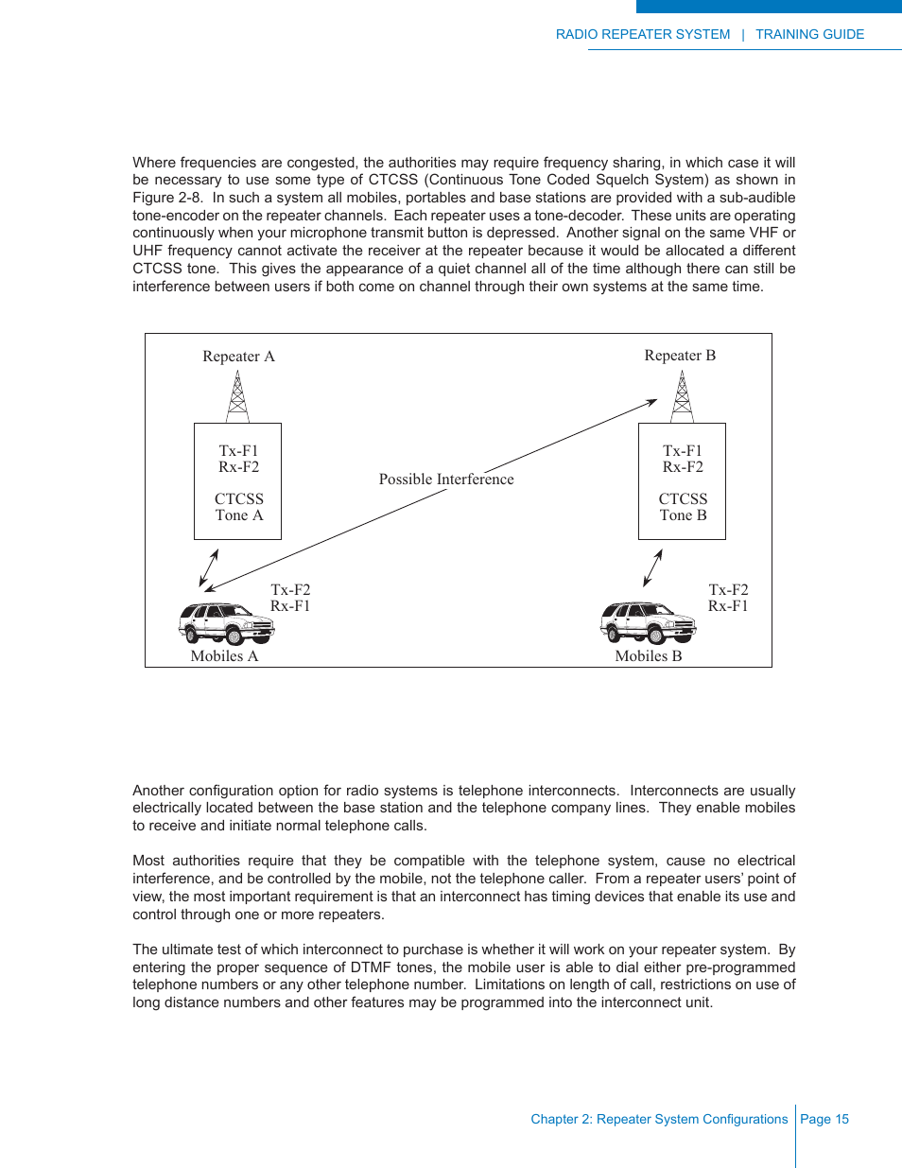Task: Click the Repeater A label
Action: coord(238,357)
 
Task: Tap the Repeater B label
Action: coord(680,356)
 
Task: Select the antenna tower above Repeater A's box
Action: coord(238,396)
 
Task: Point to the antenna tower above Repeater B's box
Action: coord(682,396)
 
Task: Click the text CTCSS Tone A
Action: coord(238,507)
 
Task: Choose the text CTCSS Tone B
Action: coord(683,507)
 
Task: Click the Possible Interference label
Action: coord(446,479)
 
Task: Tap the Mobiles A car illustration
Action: coord(226,623)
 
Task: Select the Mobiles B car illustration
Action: coord(648,622)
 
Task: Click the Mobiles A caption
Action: coord(224,656)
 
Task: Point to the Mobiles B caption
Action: coord(648,656)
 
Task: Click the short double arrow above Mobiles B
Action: coord(652,568)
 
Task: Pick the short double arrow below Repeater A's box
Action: coord(209,568)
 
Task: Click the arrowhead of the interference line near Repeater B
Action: coord(652,402)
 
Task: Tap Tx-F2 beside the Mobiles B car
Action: coord(728,590)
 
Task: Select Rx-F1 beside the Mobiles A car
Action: coord(290,606)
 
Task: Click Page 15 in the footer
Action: coord(824,1119)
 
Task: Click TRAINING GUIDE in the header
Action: coord(809,34)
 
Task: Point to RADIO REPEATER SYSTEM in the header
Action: coord(643,34)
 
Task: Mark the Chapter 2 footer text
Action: coord(659,1119)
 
